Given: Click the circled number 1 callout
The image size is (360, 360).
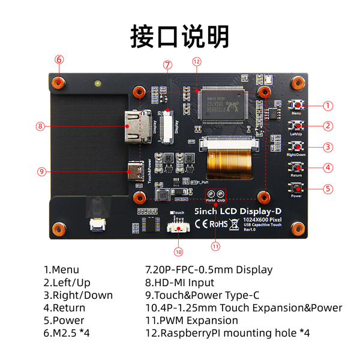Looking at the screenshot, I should click(328, 106).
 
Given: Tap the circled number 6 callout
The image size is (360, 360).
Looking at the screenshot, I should click(59, 59).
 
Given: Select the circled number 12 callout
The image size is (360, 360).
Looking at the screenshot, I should click(196, 61).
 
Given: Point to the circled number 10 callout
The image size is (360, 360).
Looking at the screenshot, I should click(178, 251).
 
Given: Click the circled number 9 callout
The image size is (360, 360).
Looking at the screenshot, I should click(41, 171).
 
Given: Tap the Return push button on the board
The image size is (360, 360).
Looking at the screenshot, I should click(296, 167).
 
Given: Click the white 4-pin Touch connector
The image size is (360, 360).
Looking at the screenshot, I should click(178, 226).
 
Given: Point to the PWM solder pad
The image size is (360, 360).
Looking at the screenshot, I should click(211, 194).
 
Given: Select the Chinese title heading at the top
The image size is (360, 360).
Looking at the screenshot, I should click(179, 36).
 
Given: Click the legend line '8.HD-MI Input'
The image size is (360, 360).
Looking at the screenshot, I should click(181, 283).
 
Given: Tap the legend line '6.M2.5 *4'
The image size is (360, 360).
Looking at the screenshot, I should click(67, 332).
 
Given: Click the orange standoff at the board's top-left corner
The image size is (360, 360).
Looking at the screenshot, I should click(58, 83).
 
